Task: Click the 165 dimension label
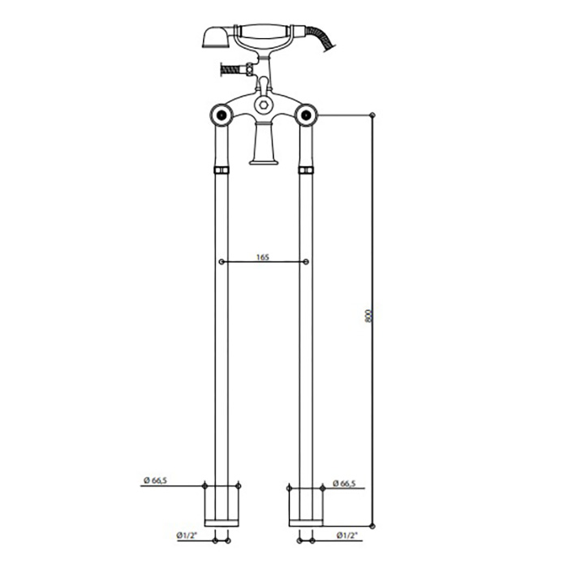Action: point(263,257)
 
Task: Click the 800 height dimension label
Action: point(368,316)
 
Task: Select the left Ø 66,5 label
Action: point(155,480)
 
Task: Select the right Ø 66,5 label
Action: point(344,484)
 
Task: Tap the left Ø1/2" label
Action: point(187,536)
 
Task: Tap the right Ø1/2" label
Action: point(346,536)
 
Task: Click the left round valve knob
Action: point(222,115)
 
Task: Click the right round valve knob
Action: point(306,115)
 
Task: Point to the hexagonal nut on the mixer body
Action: point(264,105)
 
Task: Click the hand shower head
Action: point(216,37)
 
